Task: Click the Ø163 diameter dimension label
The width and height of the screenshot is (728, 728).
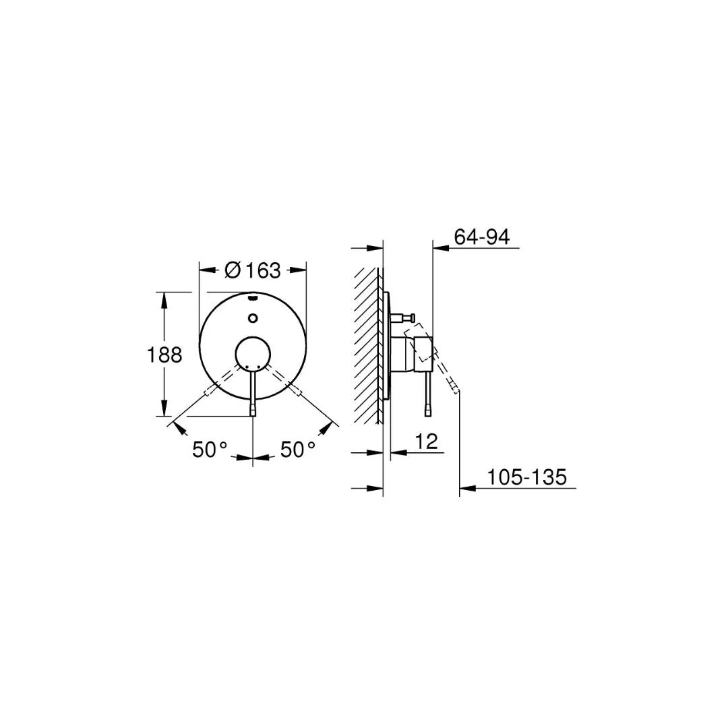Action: [x=252, y=270]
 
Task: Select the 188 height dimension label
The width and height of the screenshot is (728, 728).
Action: [x=164, y=355]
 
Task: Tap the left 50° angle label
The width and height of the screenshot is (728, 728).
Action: [x=210, y=450]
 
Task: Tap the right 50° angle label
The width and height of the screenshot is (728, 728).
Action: [x=298, y=450]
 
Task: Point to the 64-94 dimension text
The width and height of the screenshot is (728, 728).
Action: [x=481, y=237]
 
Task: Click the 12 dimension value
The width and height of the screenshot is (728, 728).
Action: [x=426, y=442]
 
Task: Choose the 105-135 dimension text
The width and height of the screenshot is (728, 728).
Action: [x=527, y=477]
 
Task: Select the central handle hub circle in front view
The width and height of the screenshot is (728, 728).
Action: [x=252, y=355]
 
